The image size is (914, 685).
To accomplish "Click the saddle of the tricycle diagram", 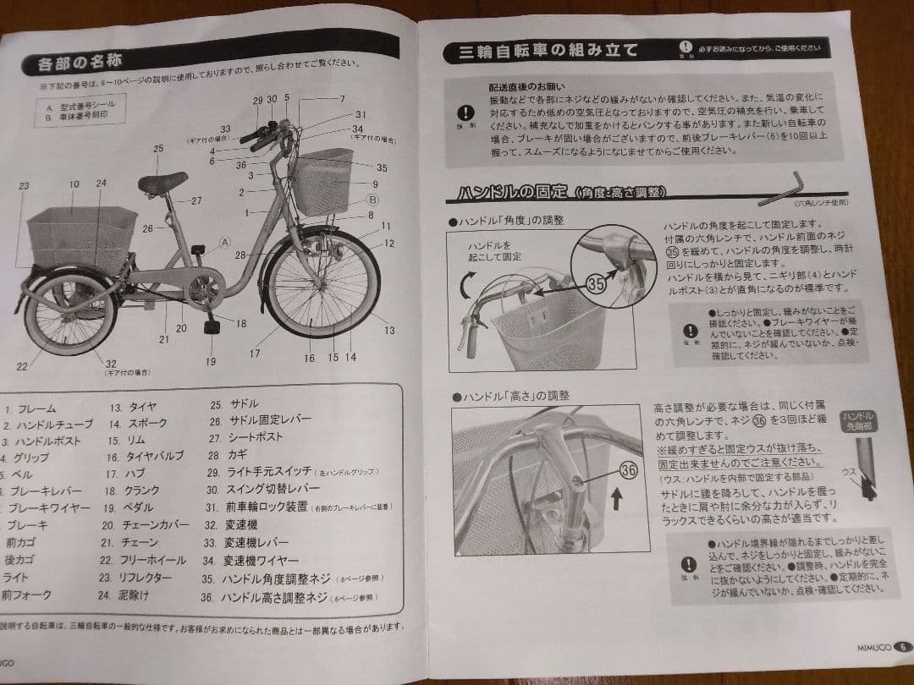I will tap(162, 181).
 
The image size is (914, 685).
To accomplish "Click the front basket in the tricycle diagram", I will tap(322, 180).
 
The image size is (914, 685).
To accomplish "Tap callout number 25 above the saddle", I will tap(158, 149).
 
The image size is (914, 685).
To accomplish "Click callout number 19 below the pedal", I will tap(211, 361).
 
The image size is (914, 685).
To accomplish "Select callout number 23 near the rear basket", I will tap(23, 185).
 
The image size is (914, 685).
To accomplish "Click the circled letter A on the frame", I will tap(225, 241).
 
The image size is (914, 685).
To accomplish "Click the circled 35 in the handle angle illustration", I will tap(597, 284).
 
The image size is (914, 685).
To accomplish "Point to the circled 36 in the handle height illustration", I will tap(628, 471).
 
